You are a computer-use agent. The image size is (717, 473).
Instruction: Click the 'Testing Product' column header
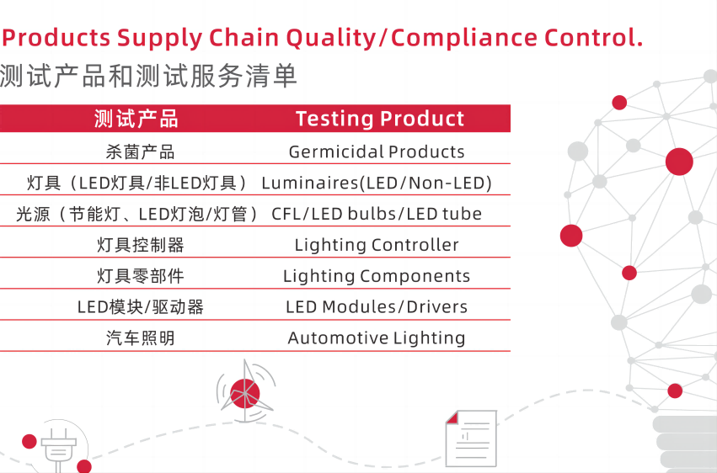coord(380,119)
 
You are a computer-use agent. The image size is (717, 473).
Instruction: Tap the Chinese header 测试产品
coord(136,119)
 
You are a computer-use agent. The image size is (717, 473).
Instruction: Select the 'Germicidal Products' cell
coord(377,151)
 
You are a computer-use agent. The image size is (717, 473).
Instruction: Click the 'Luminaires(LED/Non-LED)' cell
coord(377,183)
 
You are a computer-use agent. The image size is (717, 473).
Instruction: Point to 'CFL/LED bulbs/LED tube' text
coord(377,214)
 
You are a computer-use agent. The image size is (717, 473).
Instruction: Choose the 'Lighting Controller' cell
coord(377,245)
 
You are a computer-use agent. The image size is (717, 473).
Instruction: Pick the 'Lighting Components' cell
coord(377,276)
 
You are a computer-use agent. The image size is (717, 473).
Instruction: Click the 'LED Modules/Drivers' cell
coord(377,307)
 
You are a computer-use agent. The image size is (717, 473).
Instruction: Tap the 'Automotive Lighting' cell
coord(377,337)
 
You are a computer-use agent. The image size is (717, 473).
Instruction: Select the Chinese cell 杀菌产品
coord(141,152)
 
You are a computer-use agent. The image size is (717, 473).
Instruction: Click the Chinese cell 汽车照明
coord(141,338)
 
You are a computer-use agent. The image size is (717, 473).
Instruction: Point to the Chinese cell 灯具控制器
coord(141,245)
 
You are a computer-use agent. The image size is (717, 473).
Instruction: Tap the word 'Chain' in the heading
coord(243,37)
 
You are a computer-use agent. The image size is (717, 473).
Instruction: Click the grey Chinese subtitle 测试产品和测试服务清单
coord(148,76)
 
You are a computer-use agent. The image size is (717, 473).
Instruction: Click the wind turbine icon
coord(245,391)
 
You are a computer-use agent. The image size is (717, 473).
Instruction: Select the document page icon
coord(471,438)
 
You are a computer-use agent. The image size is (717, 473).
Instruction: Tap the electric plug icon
coord(58,449)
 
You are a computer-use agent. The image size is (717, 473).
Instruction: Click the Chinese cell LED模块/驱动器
coord(141,307)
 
